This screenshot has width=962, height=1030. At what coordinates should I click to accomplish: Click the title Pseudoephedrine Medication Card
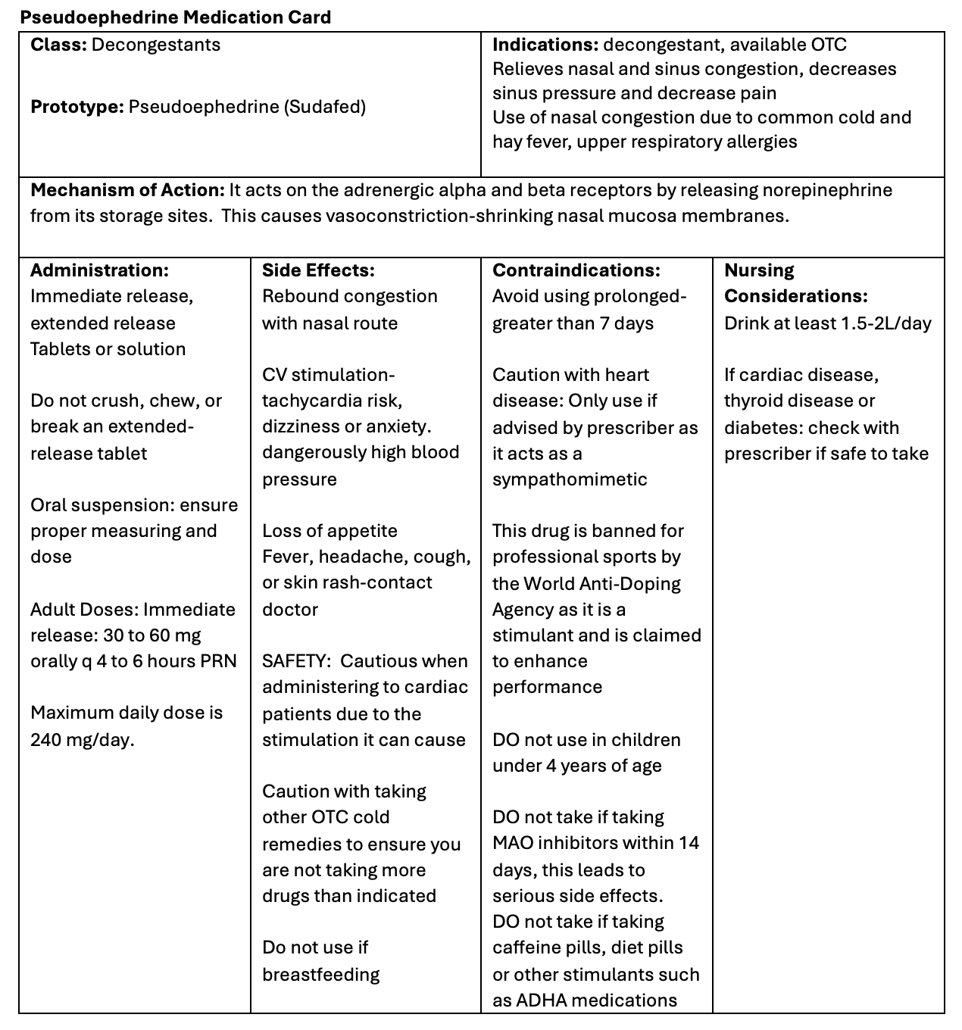click(x=175, y=17)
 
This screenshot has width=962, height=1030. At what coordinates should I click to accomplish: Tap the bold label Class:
click(x=58, y=45)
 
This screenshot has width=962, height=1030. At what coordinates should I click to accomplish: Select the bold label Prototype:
click(x=77, y=107)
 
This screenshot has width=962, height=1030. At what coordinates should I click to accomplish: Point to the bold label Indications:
click(x=545, y=45)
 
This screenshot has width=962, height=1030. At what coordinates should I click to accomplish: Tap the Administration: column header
click(x=99, y=270)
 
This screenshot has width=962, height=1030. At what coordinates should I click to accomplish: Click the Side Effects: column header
click(x=318, y=270)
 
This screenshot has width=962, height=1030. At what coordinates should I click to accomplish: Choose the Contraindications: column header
click(x=576, y=270)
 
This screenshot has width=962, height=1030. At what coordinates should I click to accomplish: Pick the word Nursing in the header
click(x=759, y=270)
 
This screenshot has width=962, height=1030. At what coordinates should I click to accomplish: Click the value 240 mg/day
click(x=82, y=740)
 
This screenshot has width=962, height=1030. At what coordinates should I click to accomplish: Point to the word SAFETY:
click(x=296, y=661)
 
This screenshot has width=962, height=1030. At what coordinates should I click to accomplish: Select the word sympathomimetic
click(x=570, y=479)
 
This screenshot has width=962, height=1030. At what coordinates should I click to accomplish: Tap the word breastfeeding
click(x=320, y=975)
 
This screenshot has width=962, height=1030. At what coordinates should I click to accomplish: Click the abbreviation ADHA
click(x=539, y=1000)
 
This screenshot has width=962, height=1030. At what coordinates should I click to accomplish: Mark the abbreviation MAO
click(x=512, y=843)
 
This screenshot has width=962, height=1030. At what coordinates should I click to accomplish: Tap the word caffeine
click(x=523, y=947)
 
